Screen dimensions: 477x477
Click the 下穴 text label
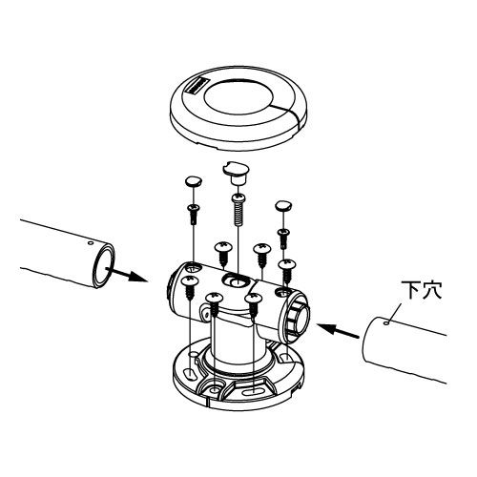[x=422, y=290]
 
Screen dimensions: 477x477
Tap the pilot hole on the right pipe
[x=386, y=323]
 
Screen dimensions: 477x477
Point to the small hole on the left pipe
[x=91, y=243]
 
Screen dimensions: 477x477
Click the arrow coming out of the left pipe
[x=126, y=275]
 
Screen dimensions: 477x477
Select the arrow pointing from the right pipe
[x=338, y=331]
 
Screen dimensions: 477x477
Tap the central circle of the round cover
[x=238, y=94]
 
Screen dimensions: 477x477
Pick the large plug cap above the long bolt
[x=237, y=173]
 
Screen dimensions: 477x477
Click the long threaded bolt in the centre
[x=238, y=209]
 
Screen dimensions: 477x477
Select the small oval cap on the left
[x=194, y=181]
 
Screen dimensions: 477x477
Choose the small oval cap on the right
[x=283, y=206]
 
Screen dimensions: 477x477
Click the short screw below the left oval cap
[x=194, y=214]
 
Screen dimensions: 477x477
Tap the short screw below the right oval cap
[x=282, y=238]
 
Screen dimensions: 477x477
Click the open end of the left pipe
[x=104, y=265]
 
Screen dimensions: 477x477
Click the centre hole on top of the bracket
[x=236, y=280]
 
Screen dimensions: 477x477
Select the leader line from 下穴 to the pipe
[x=394, y=313]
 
